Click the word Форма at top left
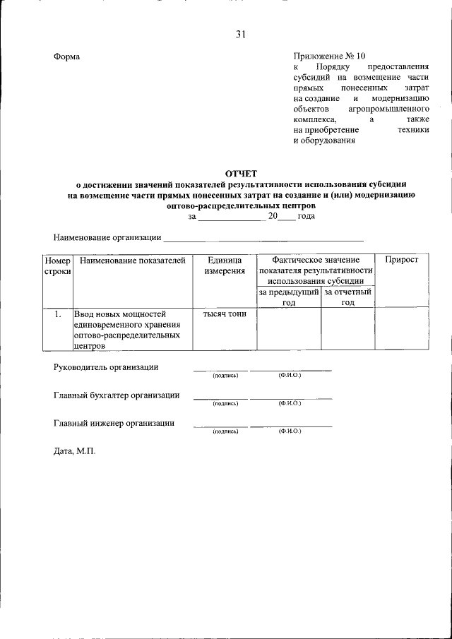[x=67, y=56]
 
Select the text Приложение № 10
[x=330, y=56]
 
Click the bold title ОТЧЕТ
[x=242, y=173]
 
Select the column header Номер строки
[x=57, y=265]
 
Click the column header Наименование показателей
[x=132, y=261]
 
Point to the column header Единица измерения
[x=225, y=265]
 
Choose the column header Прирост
[x=400, y=261]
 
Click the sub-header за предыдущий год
[x=288, y=297]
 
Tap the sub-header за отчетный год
[x=347, y=297]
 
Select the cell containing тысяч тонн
[x=225, y=314]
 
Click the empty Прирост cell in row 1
[x=400, y=329]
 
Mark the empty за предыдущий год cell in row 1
[x=288, y=329]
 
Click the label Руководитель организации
[x=106, y=367]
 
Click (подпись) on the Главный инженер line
[x=225, y=431]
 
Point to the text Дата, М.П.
[x=73, y=450]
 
